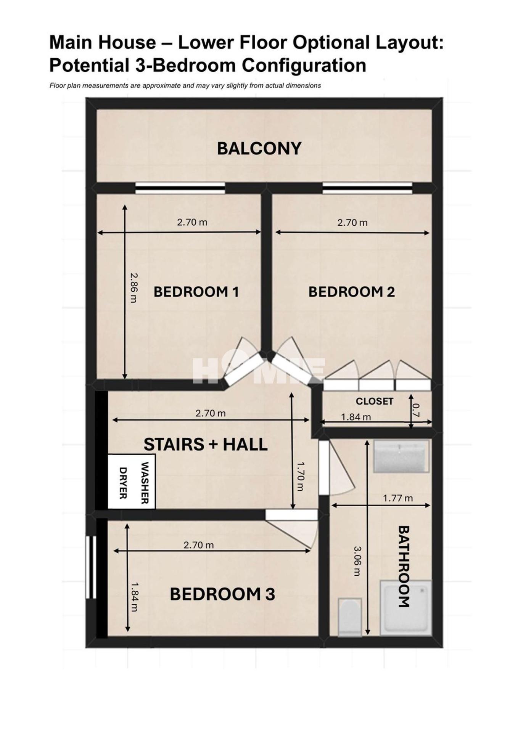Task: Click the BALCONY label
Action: point(259,148)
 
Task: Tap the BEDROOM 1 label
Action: point(196,292)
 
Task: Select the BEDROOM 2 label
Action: point(351,292)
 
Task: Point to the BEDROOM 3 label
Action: point(222,594)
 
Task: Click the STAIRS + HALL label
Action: point(205,444)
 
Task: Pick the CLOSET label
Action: point(374,401)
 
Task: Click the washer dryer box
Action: point(131,481)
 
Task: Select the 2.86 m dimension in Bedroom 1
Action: point(133,287)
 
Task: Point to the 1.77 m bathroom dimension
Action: point(398,498)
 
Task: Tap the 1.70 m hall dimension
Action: point(300,476)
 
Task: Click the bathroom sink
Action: point(401,456)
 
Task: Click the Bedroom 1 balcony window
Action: point(180,188)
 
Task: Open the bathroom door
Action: point(336,468)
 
